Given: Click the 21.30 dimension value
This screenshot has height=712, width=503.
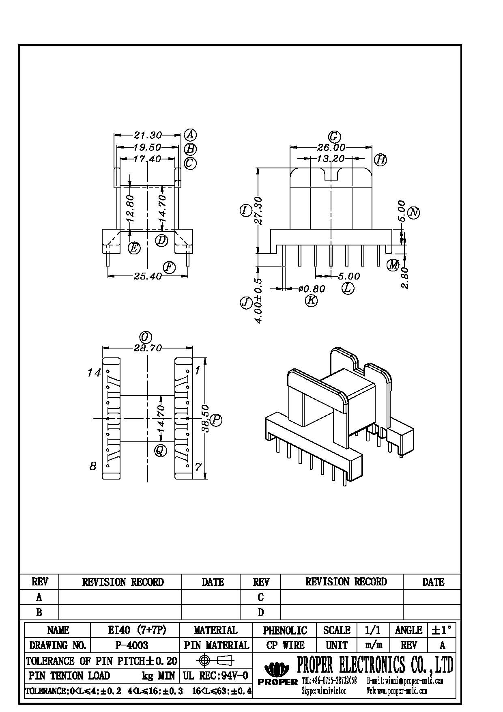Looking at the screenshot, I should tap(148, 135).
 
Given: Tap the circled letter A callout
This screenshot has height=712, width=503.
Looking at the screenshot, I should tap(190, 135).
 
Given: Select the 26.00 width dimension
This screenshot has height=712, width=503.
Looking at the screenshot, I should tap(331, 148).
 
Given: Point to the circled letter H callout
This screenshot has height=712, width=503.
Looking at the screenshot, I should tap(380, 159).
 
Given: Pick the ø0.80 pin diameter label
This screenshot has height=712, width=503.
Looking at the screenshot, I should tap(311, 289).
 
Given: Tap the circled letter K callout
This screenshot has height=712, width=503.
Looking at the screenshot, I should tap(311, 301).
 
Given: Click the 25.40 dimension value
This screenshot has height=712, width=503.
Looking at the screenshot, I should tap(148, 277).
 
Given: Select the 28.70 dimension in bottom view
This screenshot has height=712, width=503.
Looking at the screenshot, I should tap(148, 348).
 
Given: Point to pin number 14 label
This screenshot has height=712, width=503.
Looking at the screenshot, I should tap(94, 372).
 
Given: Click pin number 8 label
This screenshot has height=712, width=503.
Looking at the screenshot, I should tap(93, 466).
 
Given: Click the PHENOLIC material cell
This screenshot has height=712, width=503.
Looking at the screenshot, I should tap(285, 630).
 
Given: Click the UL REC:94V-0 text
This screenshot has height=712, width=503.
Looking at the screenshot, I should tap(215, 676).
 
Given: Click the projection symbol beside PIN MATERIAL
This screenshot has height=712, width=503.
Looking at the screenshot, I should tap(215, 660).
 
